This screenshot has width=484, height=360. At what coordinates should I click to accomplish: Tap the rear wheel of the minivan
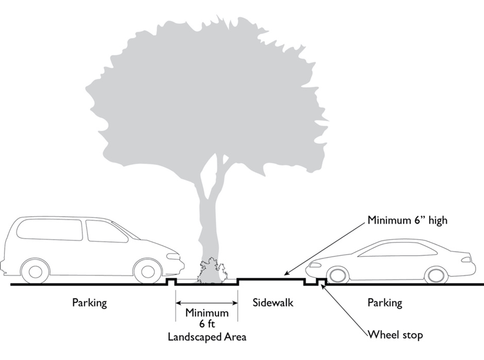(x=36, y=271)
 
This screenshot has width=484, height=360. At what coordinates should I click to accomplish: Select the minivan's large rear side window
(x=50, y=230)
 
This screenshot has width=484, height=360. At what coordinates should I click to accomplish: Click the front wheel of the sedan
(x=335, y=274)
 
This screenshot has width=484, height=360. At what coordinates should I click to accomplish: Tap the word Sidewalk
(x=273, y=302)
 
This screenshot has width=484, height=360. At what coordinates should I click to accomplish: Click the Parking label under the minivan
(x=89, y=302)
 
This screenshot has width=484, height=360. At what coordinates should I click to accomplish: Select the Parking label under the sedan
(x=385, y=302)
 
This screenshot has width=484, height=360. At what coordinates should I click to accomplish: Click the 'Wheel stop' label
(x=395, y=335)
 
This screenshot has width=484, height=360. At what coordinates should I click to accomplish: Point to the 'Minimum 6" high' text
(x=407, y=220)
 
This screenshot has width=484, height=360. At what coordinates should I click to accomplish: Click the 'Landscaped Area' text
(x=207, y=337)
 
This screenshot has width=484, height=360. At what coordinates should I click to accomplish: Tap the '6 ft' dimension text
(x=207, y=324)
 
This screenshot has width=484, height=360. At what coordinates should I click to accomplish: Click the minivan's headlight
(x=173, y=256)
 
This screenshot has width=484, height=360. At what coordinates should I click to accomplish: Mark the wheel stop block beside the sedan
(x=321, y=283)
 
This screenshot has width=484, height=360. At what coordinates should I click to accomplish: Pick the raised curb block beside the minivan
(x=171, y=282)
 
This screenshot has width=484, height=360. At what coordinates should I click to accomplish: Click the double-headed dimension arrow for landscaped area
(x=207, y=302)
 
